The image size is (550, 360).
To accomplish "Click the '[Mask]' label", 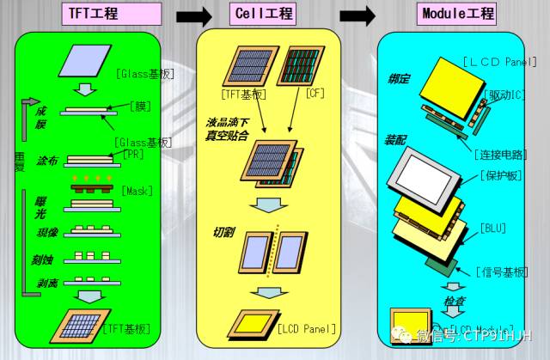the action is (x=137, y=190).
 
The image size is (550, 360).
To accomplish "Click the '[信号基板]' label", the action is (x=501, y=272).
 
